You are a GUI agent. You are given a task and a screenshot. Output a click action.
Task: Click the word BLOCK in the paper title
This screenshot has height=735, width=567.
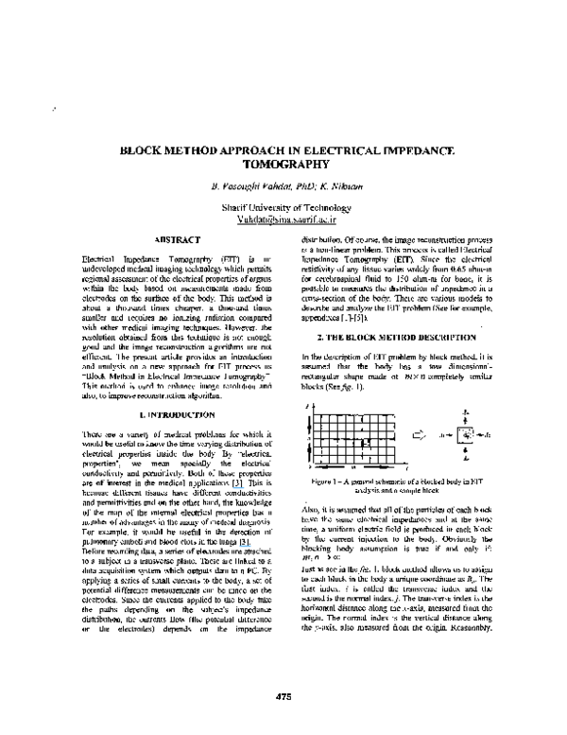[144, 149]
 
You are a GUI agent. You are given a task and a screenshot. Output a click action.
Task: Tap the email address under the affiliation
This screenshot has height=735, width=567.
[283, 217]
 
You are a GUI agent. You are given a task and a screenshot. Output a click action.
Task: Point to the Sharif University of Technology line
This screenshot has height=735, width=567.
[283, 205]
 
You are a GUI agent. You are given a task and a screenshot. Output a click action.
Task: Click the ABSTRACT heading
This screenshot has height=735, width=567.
[170, 240]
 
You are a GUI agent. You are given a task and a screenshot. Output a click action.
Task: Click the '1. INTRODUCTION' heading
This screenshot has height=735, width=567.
[170, 415]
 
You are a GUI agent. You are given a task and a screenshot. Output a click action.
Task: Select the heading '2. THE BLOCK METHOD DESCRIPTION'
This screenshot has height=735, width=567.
[396, 338]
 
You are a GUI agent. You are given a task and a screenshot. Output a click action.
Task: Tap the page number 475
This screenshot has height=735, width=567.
[283, 697]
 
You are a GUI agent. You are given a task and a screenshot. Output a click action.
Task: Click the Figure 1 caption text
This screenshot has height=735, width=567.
[396, 484]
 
